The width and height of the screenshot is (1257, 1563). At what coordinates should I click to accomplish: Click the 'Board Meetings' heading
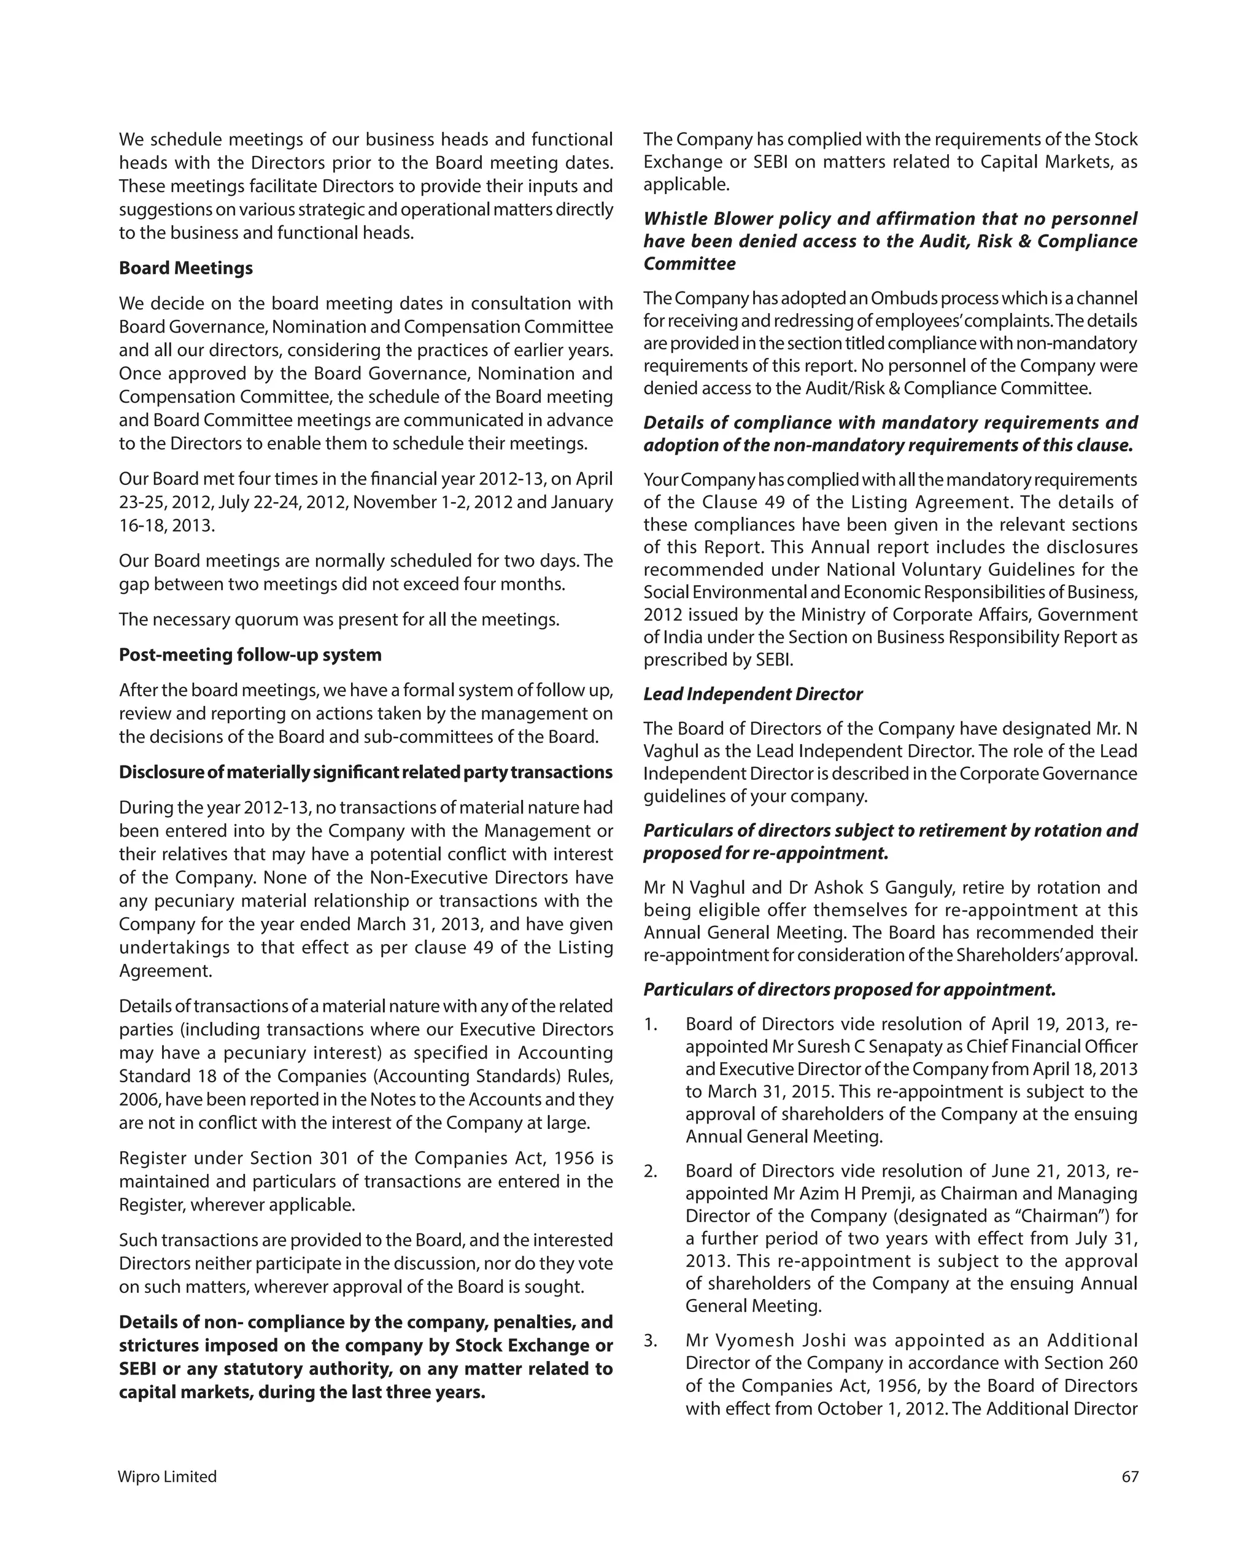click(x=185, y=268)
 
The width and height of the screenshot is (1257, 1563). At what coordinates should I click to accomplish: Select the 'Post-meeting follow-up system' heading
click(x=250, y=654)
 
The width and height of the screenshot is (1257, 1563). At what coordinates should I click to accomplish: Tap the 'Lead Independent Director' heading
click(x=752, y=694)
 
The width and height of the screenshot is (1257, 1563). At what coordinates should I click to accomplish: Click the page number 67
click(x=1129, y=1476)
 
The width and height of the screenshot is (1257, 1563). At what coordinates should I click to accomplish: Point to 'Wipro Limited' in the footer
click(x=168, y=1476)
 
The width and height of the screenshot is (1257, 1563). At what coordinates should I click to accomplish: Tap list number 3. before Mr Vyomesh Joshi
click(x=650, y=1340)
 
